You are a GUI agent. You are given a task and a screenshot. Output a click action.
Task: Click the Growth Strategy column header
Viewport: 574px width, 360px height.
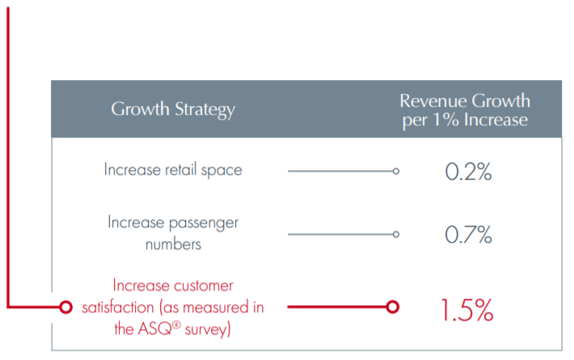(x=173, y=109)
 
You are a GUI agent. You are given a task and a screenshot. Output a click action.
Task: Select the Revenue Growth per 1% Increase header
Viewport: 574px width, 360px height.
(x=465, y=110)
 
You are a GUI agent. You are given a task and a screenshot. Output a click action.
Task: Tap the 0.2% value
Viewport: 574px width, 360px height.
(x=468, y=172)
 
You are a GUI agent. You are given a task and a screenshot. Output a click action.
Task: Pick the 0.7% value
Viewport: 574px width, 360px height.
(x=468, y=235)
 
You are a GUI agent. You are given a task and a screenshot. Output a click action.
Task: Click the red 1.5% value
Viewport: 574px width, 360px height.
(x=467, y=310)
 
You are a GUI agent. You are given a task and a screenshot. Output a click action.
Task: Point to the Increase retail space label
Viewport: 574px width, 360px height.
(x=173, y=170)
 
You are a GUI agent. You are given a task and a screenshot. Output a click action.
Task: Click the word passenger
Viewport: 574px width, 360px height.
(x=204, y=223)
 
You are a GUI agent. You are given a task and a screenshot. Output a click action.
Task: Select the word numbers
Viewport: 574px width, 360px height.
(x=173, y=244)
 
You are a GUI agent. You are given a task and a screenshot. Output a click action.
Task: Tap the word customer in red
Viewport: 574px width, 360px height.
(x=204, y=286)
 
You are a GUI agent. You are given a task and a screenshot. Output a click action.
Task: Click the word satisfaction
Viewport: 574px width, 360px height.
(x=118, y=307)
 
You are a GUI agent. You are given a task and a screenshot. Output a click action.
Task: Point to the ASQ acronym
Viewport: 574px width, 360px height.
(x=155, y=328)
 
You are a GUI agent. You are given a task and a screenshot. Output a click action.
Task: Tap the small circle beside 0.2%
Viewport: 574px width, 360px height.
(x=395, y=171)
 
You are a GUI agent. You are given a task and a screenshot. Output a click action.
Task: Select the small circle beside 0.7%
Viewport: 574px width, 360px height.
(x=395, y=235)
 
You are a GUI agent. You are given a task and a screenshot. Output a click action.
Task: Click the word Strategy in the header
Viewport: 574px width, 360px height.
(x=205, y=110)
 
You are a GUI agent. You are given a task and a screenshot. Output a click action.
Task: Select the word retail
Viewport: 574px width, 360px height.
(x=181, y=170)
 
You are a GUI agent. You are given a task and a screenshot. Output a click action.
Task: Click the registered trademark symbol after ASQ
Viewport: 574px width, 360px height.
(x=176, y=324)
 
